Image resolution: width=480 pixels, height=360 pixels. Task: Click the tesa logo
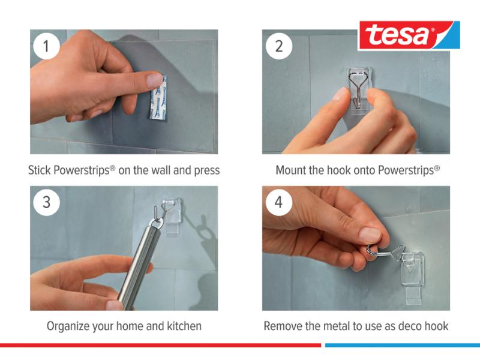[409, 35]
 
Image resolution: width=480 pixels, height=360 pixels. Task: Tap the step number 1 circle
[46, 46]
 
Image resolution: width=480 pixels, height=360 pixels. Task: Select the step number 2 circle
[279, 46]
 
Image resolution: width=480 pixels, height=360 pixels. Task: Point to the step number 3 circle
[46, 202]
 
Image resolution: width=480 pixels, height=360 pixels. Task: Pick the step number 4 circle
[279, 202]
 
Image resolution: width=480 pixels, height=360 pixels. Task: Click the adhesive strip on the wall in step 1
[158, 97]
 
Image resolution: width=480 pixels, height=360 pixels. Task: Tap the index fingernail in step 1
[154, 80]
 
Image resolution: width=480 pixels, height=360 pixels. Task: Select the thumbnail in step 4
[370, 235]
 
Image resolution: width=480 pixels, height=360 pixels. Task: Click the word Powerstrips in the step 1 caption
[82, 170]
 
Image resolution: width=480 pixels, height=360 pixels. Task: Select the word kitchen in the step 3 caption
[184, 326]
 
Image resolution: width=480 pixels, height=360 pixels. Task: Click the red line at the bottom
[160, 345]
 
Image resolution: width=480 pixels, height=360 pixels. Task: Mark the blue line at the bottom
[403, 345]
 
